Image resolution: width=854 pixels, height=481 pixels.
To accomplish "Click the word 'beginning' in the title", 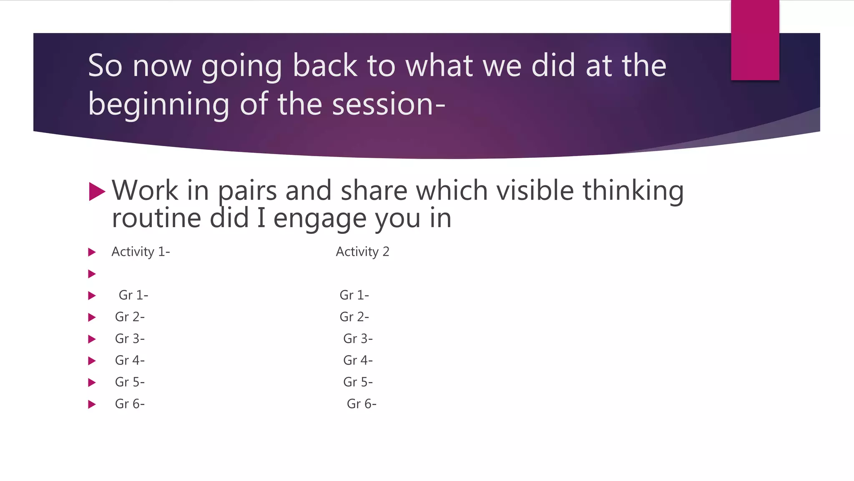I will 158,104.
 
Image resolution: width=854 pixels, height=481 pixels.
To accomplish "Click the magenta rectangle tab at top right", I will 755,40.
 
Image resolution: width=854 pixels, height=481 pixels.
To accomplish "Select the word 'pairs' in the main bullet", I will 247,191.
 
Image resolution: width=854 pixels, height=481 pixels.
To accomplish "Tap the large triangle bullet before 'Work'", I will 97,192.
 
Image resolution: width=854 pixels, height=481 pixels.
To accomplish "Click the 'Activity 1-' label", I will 141,252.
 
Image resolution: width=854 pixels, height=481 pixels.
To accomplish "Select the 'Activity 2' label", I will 362,252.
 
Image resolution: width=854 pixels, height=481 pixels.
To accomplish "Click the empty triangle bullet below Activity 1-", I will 92,274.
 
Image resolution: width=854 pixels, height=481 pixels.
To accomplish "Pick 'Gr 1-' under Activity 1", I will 133,295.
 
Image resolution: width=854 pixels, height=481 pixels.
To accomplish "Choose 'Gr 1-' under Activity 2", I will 354,295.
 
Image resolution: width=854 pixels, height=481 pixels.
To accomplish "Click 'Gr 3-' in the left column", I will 130,339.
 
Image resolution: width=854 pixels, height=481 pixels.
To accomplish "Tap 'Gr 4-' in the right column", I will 358,360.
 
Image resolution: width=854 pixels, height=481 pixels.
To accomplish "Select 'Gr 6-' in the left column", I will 130,404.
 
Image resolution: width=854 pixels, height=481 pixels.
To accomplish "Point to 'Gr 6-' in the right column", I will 362,404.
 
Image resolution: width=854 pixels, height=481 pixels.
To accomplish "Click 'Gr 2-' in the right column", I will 354,317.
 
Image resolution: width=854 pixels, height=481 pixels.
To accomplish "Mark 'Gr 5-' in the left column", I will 130,382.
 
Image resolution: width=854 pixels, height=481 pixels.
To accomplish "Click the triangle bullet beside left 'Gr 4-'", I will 92,361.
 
